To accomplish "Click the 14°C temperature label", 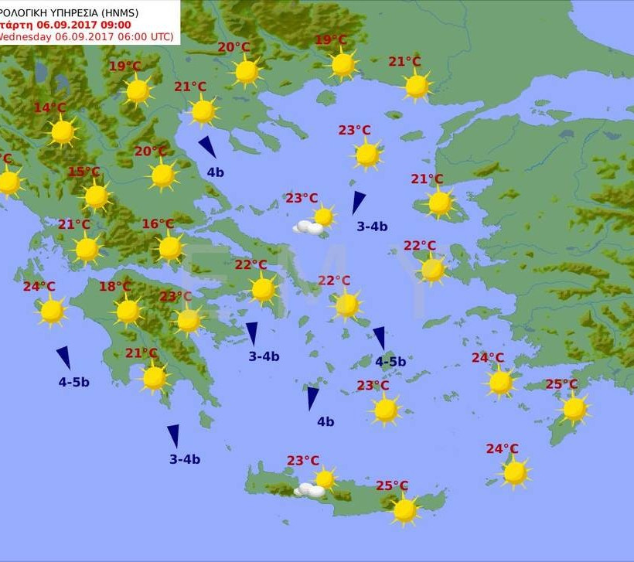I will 50,108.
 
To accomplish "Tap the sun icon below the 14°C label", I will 63,132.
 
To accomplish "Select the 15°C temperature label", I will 84,172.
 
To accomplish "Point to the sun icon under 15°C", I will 97,196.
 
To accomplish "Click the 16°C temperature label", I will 158,224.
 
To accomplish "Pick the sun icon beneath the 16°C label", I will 170,248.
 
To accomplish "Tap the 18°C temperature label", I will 115,287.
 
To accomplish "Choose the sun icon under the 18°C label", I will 128,312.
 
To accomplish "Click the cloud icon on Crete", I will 311,490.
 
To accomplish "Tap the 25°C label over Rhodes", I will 561,384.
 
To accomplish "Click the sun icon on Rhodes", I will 574,409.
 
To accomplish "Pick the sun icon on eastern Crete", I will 404,510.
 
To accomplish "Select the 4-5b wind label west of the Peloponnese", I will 74,382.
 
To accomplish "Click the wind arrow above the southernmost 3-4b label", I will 173,435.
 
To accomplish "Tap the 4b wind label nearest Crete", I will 326,422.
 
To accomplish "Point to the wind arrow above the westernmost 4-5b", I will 63,357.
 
